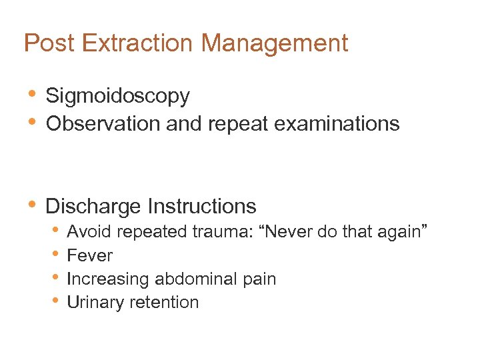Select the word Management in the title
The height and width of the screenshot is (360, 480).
coord(275,44)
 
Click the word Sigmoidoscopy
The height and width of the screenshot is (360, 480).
coord(117,97)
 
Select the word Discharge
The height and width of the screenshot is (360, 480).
coord(93,206)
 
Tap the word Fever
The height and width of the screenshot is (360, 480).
coord(90,255)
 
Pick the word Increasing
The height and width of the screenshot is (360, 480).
coord(107,279)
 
